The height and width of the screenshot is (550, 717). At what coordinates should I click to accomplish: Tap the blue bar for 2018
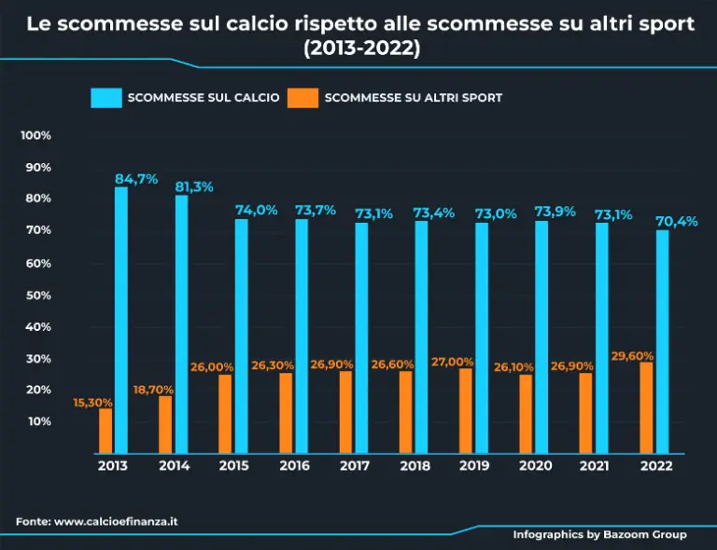(x=421, y=337)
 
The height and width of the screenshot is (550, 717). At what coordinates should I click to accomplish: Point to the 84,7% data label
(x=136, y=179)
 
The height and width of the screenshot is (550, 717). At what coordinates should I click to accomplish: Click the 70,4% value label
(x=677, y=221)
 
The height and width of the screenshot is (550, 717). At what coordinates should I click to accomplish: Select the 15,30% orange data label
(x=92, y=403)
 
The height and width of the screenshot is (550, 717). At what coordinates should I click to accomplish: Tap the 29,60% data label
(x=632, y=356)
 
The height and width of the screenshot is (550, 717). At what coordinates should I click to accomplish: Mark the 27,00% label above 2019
(x=453, y=362)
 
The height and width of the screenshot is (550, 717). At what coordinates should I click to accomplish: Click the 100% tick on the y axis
(x=35, y=135)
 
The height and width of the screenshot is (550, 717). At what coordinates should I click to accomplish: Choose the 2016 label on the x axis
(x=294, y=466)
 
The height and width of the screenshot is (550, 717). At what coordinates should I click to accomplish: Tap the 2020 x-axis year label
(x=534, y=466)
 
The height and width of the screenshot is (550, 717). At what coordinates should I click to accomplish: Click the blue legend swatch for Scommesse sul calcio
(x=106, y=98)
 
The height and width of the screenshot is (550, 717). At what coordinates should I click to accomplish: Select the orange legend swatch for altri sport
(x=302, y=98)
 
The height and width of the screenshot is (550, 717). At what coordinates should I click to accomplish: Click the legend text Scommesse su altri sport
(x=414, y=98)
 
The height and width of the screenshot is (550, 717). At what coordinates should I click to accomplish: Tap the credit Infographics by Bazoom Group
(x=599, y=534)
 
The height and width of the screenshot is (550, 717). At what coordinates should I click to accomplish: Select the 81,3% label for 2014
(x=194, y=186)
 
